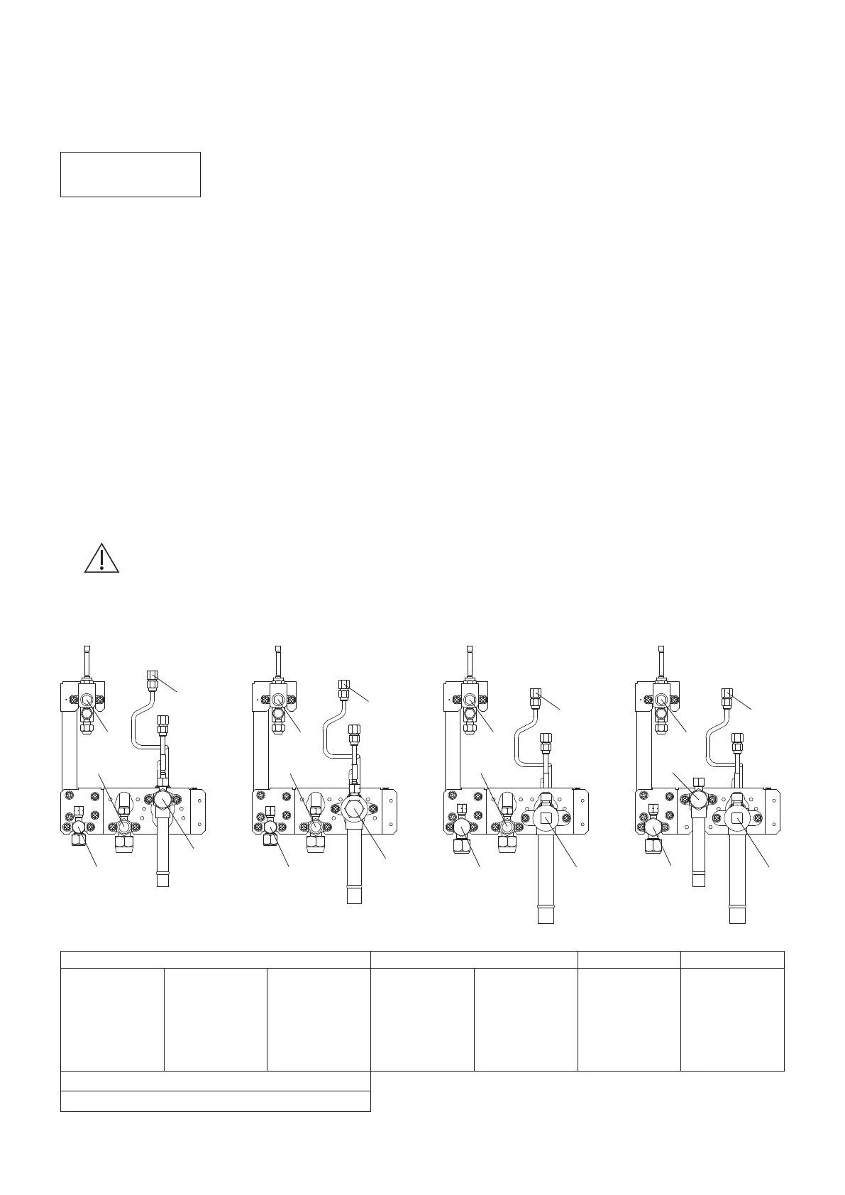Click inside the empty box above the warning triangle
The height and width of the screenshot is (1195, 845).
coord(131,174)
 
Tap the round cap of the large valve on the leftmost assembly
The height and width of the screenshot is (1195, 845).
coord(162,800)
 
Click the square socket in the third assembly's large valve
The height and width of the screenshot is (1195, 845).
coord(546,819)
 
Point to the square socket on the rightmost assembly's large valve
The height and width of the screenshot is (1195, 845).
coord(737,819)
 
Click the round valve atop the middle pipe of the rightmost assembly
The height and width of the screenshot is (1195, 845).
coord(698,798)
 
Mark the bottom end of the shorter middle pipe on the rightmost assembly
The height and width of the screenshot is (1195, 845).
coord(699,880)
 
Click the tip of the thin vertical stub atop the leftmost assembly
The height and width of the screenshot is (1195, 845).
coord(88,648)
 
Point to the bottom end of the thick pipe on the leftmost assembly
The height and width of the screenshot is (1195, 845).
coord(162,880)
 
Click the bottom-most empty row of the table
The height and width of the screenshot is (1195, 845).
coord(216,1101)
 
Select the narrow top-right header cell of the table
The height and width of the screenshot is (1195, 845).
coord(732,959)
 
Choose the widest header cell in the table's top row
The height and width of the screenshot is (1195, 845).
coord(216,959)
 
